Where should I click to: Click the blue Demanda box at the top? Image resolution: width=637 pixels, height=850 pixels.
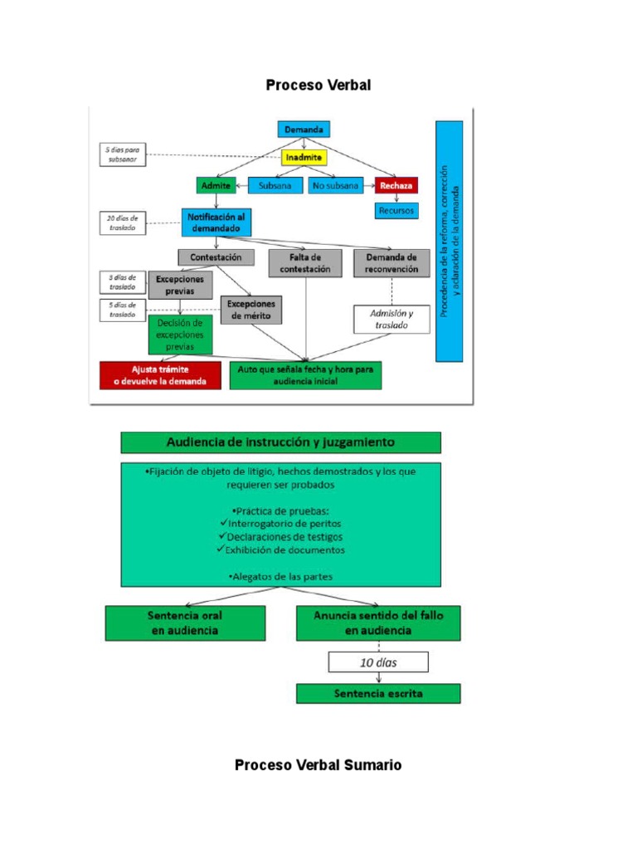pyautogui.click(x=304, y=129)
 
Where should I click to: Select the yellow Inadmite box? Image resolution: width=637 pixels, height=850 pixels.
pyautogui.click(x=304, y=157)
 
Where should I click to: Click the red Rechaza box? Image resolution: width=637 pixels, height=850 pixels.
pyautogui.click(x=396, y=185)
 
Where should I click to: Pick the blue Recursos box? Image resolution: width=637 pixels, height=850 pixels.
pyautogui.click(x=396, y=211)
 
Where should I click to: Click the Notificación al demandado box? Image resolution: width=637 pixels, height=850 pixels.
pyautogui.click(x=216, y=222)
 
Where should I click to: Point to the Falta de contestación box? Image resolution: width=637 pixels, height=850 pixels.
pyautogui.click(x=305, y=262)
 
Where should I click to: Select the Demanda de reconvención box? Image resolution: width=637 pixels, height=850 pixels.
pyautogui.click(x=391, y=262)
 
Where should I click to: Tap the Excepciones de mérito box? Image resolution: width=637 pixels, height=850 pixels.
pyautogui.click(x=251, y=309)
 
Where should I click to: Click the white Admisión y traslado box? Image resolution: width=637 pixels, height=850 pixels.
pyautogui.click(x=391, y=320)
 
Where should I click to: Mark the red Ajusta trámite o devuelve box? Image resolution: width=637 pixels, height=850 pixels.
pyautogui.click(x=160, y=375)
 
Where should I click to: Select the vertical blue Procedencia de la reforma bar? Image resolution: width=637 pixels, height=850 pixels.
pyautogui.click(x=449, y=240)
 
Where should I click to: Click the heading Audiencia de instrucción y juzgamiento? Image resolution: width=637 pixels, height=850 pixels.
pyautogui.click(x=280, y=442)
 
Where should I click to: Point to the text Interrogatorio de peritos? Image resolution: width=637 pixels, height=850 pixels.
pyautogui.click(x=281, y=524)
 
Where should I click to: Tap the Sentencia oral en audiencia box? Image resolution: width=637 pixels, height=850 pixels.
pyautogui.click(x=185, y=623)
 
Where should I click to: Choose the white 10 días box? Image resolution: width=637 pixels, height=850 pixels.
pyautogui.click(x=378, y=662)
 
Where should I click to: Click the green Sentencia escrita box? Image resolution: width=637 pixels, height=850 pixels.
pyautogui.click(x=377, y=693)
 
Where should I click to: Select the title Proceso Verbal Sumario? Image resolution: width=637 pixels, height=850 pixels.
pyautogui.click(x=318, y=765)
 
